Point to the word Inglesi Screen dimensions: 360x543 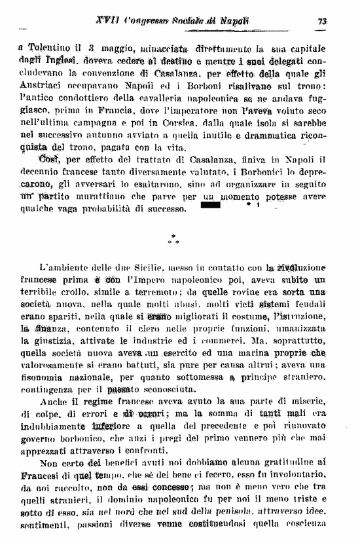[56, 59]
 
